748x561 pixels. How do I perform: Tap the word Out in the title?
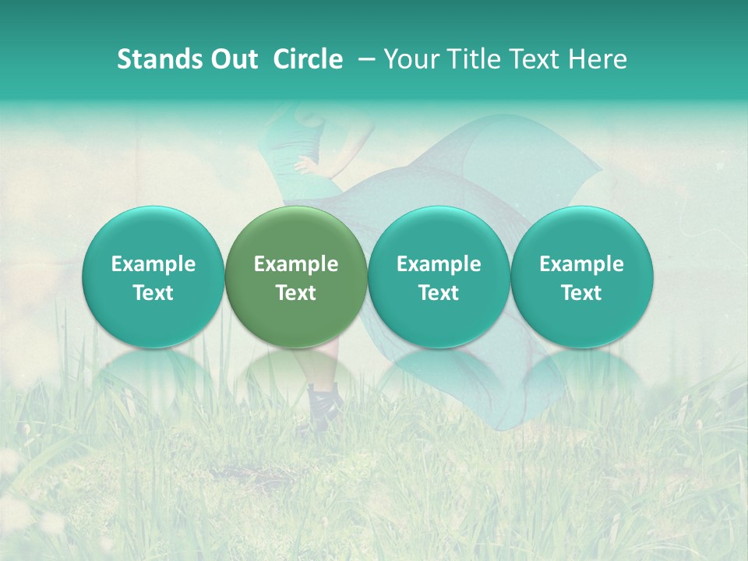tap(232, 59)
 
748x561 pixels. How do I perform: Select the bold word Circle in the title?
tap(308, 59)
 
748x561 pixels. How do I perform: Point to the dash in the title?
tap(364, 60)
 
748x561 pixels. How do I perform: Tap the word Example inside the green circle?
tap(296, 264)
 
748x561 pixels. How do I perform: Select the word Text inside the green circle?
tap(296, 293)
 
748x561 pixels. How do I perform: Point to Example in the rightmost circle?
tap(582, 264)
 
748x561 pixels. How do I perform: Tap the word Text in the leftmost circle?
tap(153, 293)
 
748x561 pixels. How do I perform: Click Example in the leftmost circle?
tap(153, 264)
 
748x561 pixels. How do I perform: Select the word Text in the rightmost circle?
tap(582, 293)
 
